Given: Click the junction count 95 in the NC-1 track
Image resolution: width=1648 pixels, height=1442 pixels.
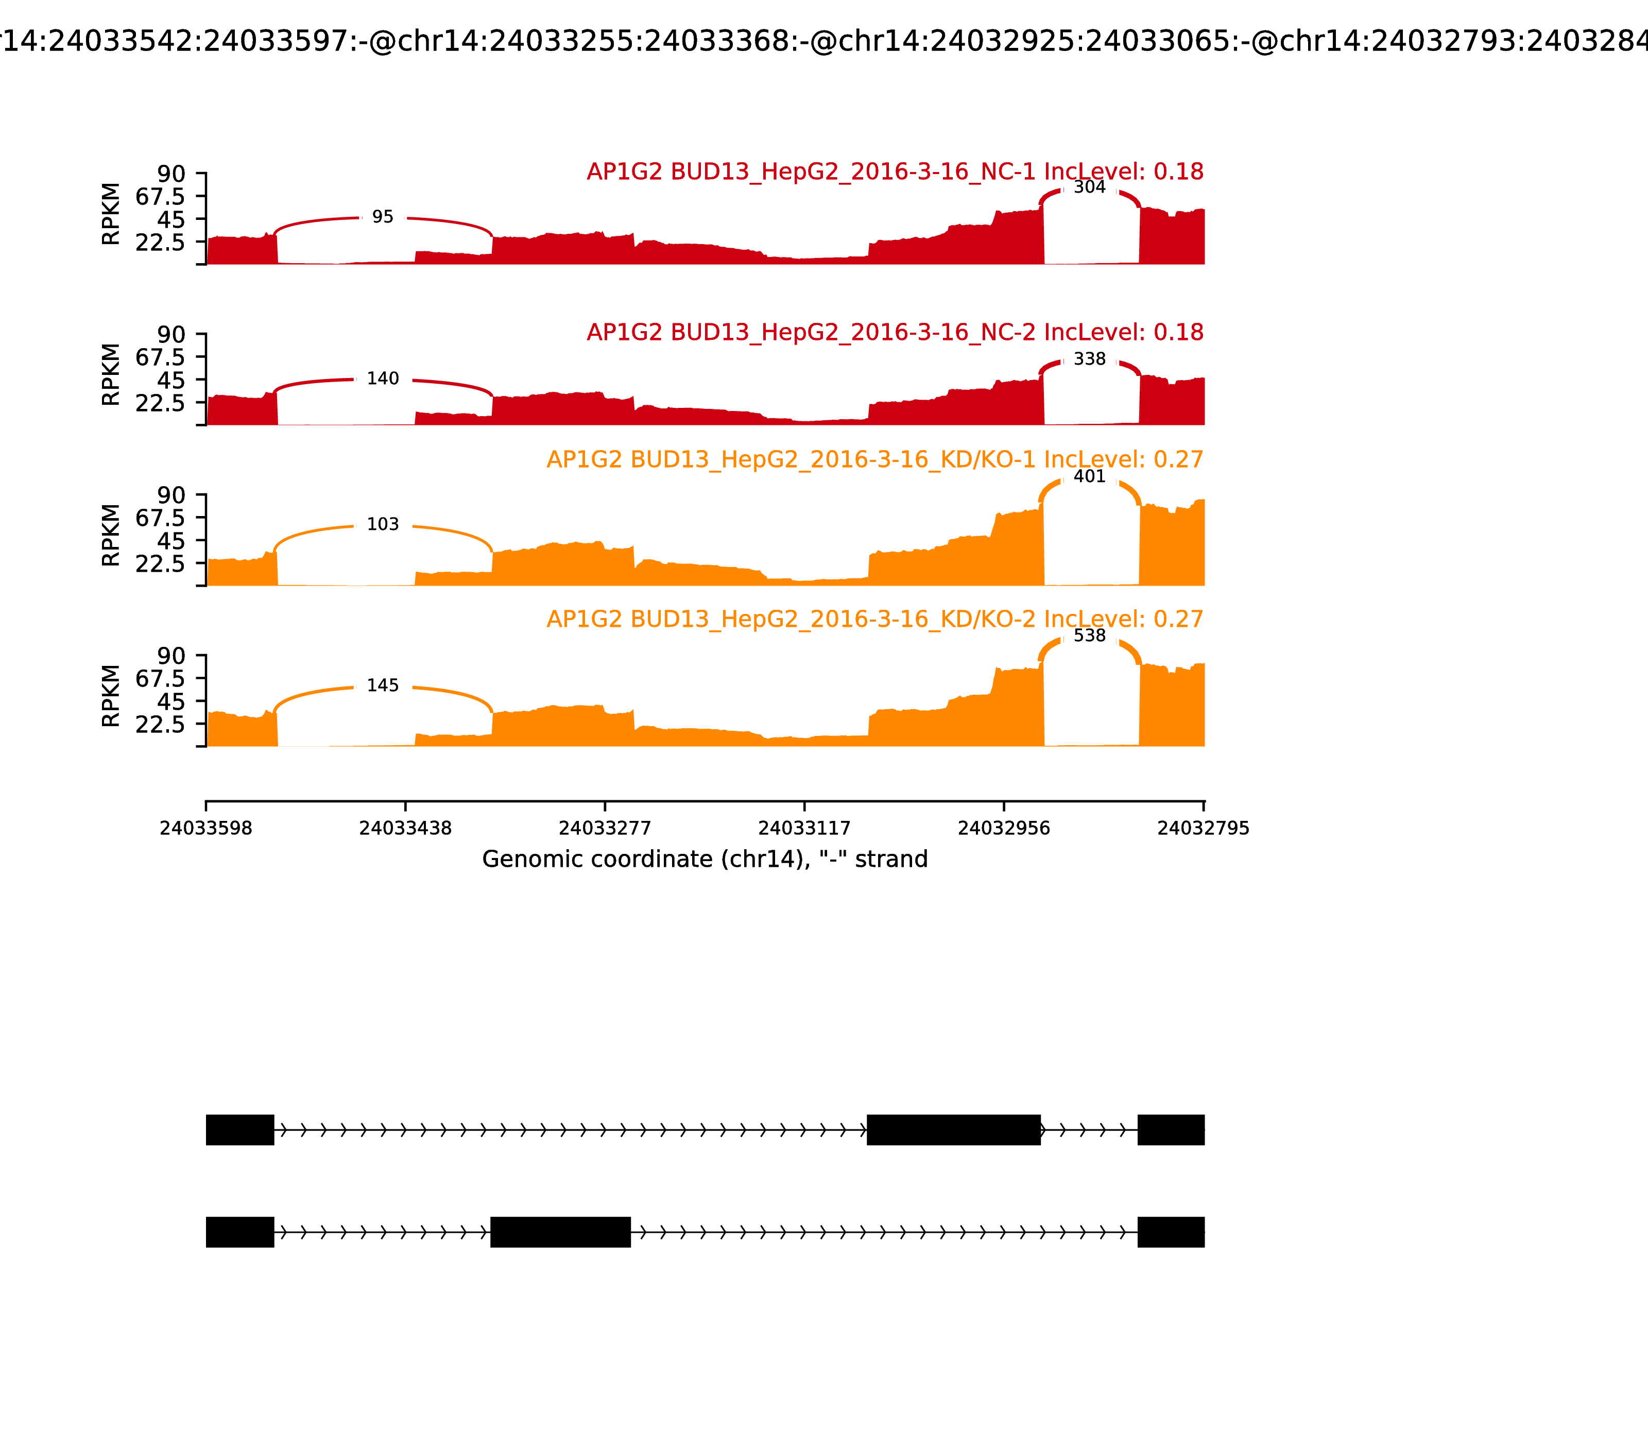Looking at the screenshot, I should [383, 217].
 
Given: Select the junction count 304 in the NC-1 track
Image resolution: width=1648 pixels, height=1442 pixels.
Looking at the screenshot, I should [1090, 187].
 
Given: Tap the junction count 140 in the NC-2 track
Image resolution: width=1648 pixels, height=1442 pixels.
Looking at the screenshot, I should [383, 379].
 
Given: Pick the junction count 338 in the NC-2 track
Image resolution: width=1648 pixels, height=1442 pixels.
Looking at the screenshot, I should [1090, 359].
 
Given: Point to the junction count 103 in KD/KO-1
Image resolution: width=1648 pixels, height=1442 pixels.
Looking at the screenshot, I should [383, 525].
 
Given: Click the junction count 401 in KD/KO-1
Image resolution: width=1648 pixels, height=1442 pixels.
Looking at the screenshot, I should [1090, 476].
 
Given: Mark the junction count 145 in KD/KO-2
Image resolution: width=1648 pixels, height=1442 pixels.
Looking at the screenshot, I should [383, 685].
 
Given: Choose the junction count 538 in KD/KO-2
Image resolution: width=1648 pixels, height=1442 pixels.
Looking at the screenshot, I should [1090, 636].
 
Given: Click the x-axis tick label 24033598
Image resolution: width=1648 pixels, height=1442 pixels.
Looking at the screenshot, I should [206, 828].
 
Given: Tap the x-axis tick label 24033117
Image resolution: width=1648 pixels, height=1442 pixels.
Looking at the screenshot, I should [804, 828].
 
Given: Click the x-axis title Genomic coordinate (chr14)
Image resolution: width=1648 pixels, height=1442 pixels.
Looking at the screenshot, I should [705, 860].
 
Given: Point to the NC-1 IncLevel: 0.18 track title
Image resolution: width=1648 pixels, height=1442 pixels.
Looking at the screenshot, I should [895, 171].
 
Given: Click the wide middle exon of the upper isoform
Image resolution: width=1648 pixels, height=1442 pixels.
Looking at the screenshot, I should [954, 1130].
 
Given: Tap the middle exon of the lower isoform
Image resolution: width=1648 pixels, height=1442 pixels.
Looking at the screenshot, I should [561, 1232].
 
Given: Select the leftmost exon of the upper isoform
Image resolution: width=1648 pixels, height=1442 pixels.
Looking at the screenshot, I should [240, 1130].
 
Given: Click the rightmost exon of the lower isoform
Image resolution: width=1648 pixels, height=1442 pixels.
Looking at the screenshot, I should [1171, 1232].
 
